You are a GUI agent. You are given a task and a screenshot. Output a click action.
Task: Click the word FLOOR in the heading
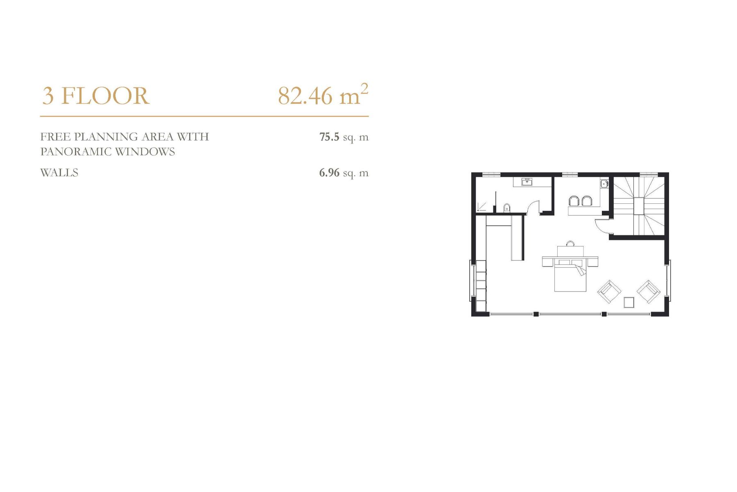[105, 96]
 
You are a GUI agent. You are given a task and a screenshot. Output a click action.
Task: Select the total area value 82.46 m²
[323, 95]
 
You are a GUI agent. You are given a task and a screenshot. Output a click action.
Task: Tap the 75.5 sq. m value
[344, 137]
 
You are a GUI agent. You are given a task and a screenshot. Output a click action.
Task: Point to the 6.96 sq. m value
[344, 173]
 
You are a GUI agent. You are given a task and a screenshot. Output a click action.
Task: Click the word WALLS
[59, 173]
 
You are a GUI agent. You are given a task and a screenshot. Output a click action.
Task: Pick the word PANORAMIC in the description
[76, 152]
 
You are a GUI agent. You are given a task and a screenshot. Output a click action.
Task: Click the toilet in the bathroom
[507, 207]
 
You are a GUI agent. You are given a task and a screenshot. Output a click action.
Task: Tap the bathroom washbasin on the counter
[527, 182]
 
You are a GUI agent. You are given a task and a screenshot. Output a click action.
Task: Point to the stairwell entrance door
[601, 227]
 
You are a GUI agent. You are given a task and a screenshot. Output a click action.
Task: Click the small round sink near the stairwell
[604, 184]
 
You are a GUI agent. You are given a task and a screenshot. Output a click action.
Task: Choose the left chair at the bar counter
[573, 200]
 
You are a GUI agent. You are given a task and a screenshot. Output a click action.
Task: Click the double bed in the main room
[570, 277]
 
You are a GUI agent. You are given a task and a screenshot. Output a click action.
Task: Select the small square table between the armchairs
[629, 302]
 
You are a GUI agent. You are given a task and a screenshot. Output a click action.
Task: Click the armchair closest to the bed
[609, 292]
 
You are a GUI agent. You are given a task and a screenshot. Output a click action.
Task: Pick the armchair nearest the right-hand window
[649, 292]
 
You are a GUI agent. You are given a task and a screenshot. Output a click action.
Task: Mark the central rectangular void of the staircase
[639, 205]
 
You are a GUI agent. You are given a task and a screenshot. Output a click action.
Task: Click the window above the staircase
[649, 175]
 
